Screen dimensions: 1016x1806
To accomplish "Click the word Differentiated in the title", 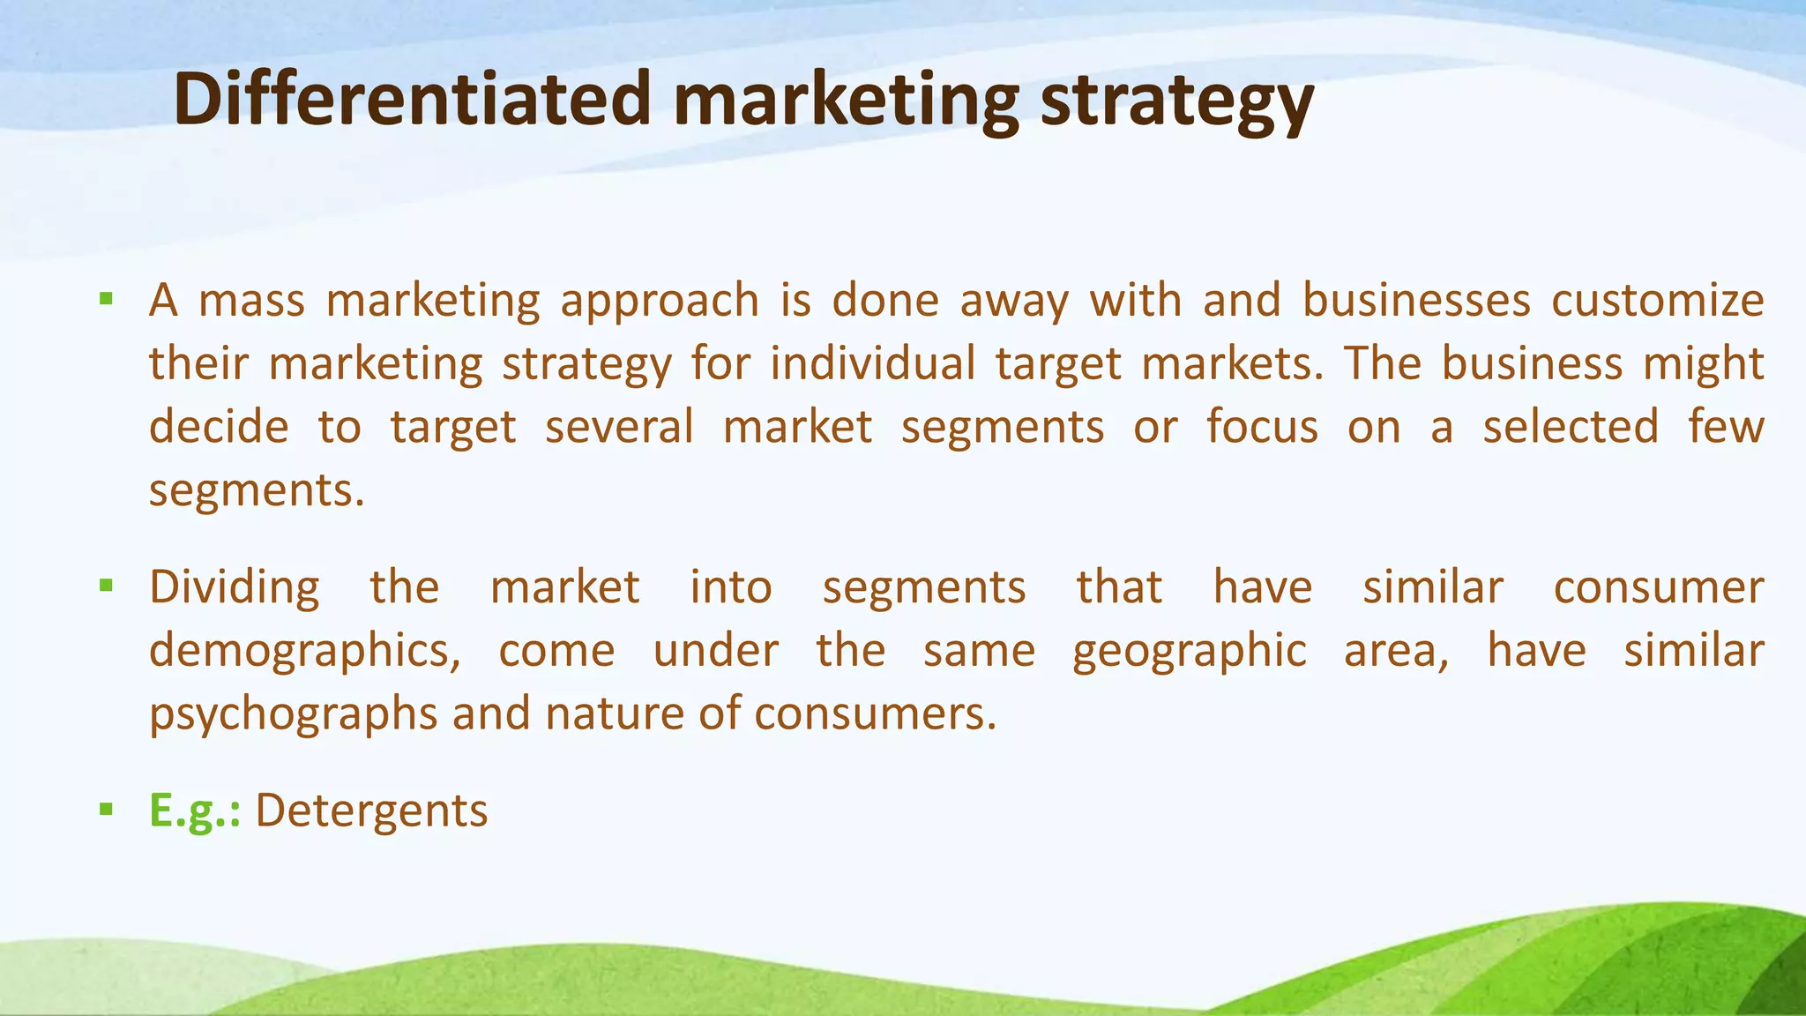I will tap(413, 99).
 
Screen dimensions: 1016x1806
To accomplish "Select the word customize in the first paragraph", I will tap(1657, 301).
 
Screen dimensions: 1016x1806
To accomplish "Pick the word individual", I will tap(872, 364).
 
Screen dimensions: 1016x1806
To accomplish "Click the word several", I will tap(619, 428).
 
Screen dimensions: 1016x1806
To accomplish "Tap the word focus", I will tap(1262, 428).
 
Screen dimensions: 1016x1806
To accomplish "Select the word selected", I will tap(1571, 428).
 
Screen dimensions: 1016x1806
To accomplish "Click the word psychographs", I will tap(293, 715).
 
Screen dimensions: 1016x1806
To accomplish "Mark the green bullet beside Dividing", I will tap(107, 585).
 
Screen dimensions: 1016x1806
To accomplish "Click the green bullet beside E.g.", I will tap(107, 809).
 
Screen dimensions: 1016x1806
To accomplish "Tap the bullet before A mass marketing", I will tap(107, 299).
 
